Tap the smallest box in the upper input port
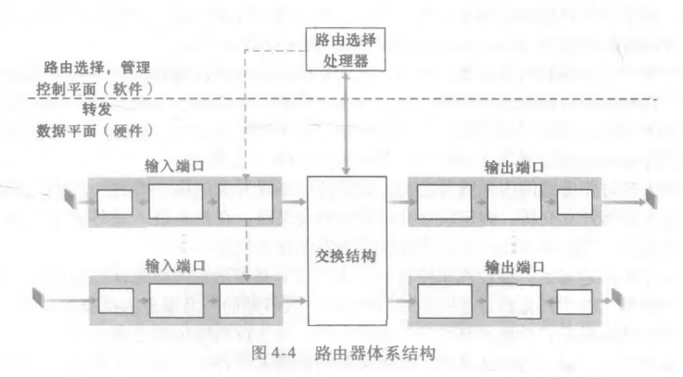[115, 199]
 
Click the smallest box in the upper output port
[575, 199]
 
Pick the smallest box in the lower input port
[115, 299]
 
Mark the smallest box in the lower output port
[575, 300]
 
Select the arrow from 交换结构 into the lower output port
[395, 299]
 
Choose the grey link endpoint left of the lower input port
[40, 297]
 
